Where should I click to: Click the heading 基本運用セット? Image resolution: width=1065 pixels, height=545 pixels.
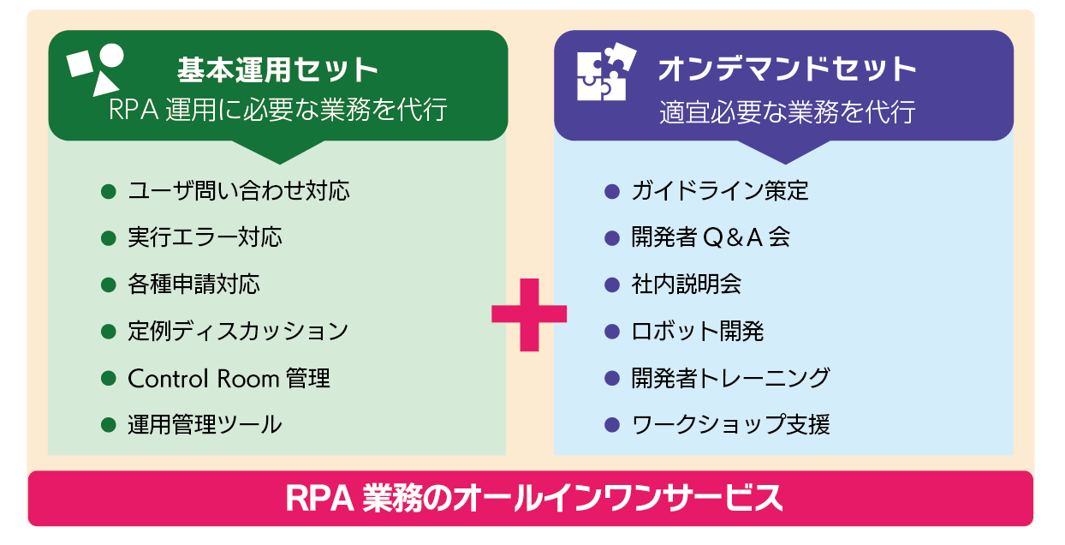pyautogui.click(x=278, y=68)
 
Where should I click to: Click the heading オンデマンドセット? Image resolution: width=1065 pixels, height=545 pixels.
pyautogui.click(x=787, y=68)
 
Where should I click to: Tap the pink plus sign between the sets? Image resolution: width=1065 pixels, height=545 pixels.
pyautogui.click(x=529, y=314)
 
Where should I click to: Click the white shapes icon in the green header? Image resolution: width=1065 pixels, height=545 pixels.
pyautogui.click(x=96, y=69)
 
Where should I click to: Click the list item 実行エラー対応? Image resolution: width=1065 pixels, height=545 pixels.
pyautogui.click(x=205, y=237)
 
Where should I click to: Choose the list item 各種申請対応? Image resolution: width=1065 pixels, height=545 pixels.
pyautogui.click(x=193, y=284)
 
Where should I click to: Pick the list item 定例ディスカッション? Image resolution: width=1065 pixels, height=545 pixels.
pyautogui.click(x=238, y=331)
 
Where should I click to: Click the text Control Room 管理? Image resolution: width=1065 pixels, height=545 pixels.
pyautogui.click(x=229, y=378)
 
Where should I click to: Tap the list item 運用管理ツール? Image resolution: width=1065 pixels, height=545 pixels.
pyautogui.click(x=205, y=424)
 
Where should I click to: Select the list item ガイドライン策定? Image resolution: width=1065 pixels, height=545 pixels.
pyautogui.click(x=719, y=190)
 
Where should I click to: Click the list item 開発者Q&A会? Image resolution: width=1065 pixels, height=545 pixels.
pyautogui.click(x=711, y=237)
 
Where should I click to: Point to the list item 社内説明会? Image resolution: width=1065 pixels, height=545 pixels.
pyautogui.click(x=686, y=284)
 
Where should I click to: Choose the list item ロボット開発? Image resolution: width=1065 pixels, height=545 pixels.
pyautogui.click(x=697, y=331)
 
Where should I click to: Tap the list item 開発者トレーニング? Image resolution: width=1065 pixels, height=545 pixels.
pyautogui.click(x=730, y=378)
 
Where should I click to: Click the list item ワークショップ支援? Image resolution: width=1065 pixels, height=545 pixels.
pyautogui.click(x=730, y=424)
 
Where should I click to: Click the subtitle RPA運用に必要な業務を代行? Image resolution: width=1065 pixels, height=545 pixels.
pyautogui.click(x=278, y=110)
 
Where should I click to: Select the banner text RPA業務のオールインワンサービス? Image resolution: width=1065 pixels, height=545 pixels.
pyautogui.click(x=532, y=498)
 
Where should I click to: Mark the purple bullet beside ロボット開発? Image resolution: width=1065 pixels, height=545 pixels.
pyautogui.click(x=611, y=331)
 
